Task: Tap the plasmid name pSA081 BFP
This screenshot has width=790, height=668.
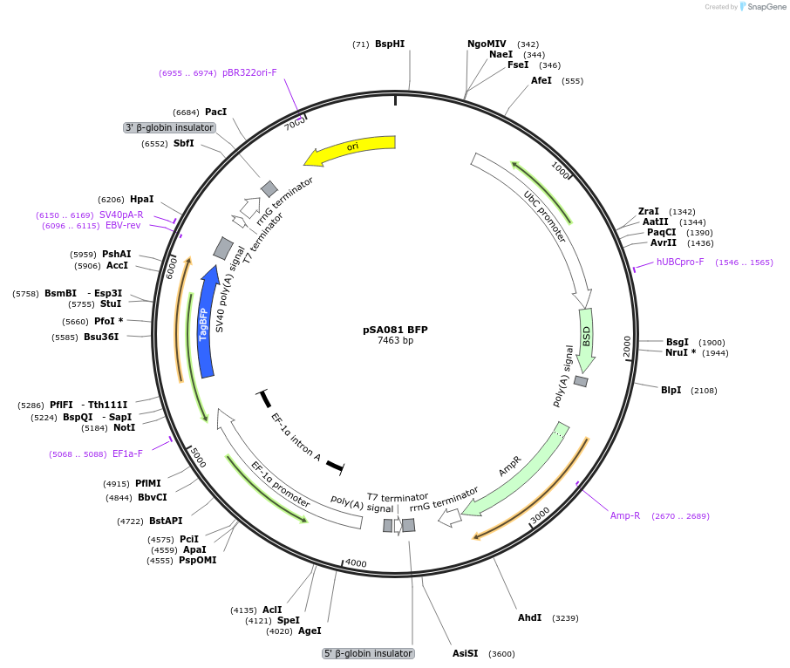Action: (395, 330)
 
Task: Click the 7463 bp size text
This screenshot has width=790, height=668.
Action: (395, 341)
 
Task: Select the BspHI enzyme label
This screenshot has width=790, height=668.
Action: (389, 44)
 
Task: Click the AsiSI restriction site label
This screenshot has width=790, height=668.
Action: (465, 653)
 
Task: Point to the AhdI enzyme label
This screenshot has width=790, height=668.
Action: (529, 617)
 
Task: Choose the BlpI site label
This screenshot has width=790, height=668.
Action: (671, 390)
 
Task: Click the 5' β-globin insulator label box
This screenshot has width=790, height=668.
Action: (368, 653)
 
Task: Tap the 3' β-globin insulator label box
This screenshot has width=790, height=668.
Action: (169, 127)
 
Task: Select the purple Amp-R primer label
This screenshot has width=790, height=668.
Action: (624, 515)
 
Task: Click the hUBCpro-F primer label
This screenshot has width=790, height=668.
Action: (680, 262)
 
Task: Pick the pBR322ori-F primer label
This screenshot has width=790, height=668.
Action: (249, 73)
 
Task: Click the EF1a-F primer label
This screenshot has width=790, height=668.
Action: (127, 453)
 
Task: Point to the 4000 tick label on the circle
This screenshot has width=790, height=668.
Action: (356, 563)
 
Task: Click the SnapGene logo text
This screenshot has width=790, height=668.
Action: (763, 7)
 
